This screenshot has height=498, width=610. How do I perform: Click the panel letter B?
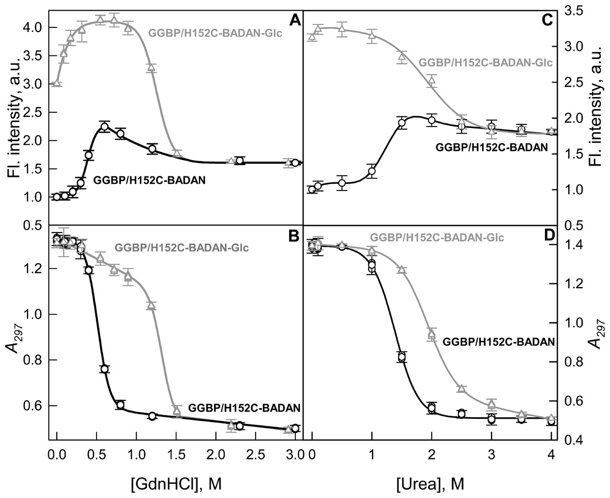[293, 237]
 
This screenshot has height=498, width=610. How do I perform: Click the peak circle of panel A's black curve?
[104, 127]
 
